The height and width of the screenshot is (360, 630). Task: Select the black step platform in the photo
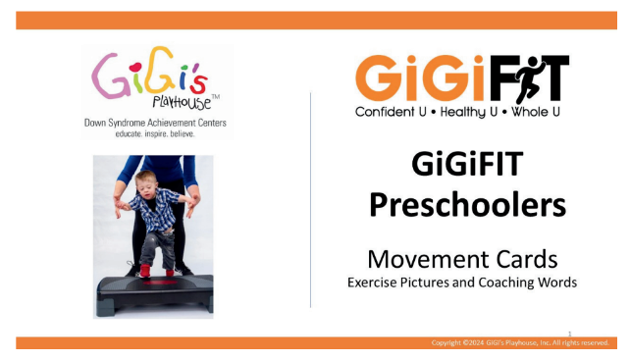pyautogui.click(x=152, y=290)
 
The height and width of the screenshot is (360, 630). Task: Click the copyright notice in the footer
pyautogui.click(x=520, y=343)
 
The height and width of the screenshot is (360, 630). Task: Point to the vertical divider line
pyautogui.click(x=311, y=196)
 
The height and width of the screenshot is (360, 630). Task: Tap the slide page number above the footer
pyautogui.click(x=571, y=333)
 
